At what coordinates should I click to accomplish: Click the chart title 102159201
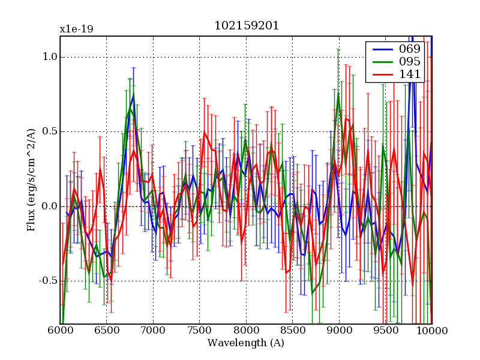[246, 26]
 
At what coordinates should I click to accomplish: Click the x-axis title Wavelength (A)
[246, 343]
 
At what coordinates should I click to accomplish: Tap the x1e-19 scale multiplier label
[76, 29]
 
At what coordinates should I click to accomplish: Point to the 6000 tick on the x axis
[60, 331]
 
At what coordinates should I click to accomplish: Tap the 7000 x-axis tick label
[153, 331]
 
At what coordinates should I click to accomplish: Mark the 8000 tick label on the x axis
[246, 331]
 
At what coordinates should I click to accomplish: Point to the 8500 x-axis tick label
[292, 331]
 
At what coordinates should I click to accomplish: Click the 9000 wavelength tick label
[339, 331]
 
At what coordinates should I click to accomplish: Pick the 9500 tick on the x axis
[385, 331]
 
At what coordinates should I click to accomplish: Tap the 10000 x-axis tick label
[432, 331]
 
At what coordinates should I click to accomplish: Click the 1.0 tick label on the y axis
[49, 57]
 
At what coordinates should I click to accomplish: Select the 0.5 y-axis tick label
[49, 132]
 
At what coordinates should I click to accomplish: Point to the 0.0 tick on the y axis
[49, 206]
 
